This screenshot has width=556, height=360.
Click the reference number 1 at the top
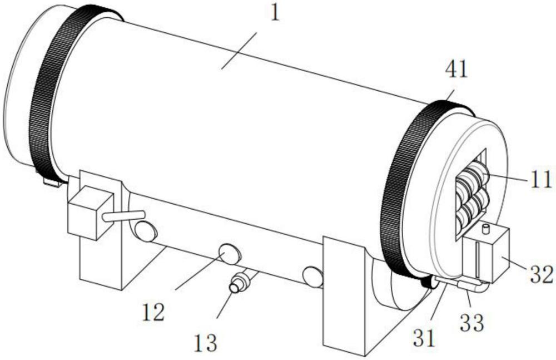275,13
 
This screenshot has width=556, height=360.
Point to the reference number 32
542,274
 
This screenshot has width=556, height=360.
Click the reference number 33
472,323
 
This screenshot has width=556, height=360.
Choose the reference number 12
153,312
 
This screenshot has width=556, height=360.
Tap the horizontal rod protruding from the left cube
123,216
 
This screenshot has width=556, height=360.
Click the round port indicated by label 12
230,254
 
